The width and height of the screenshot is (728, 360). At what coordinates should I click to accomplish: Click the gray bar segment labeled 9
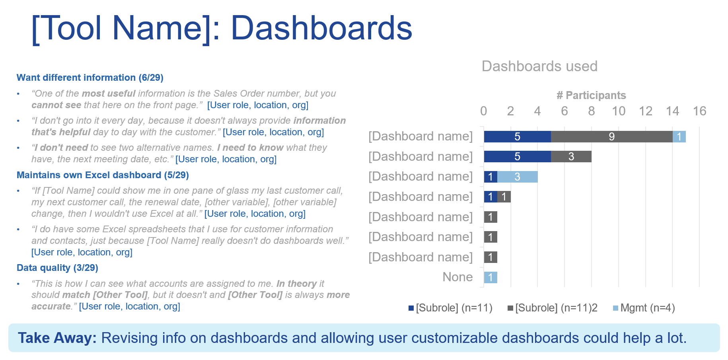point(612,136)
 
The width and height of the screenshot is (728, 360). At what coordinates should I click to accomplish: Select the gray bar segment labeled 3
point(571,156)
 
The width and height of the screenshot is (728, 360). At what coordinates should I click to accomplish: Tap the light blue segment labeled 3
point(518,177)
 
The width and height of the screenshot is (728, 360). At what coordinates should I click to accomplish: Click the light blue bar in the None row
point(491,277)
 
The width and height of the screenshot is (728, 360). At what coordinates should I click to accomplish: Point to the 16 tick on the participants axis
point(699,111)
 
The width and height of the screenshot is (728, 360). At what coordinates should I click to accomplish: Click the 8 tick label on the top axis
point(592,111)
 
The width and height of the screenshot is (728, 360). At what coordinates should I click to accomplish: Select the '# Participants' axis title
point(591,95)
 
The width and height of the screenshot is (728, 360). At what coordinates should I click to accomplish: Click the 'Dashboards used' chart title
point(539,66)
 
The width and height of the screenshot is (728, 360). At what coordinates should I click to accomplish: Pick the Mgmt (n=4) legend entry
point(644,308)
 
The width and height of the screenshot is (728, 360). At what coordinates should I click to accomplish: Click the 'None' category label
point(457,277)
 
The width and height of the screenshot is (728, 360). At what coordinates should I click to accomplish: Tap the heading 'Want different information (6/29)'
point(90,78)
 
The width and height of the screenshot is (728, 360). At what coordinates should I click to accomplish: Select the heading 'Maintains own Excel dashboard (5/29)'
point(103,175)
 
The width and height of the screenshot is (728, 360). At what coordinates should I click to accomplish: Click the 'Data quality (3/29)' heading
point(57,268)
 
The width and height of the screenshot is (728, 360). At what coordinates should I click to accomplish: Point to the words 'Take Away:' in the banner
point(57,338)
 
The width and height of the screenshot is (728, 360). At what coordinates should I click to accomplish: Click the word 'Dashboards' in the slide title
point(321,28)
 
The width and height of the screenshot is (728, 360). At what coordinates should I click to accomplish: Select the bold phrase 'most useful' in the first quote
point(109,93)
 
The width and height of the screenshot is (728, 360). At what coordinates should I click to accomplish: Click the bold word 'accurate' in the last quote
point(51,306)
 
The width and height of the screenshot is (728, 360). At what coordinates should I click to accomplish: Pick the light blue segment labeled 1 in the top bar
point(679,136)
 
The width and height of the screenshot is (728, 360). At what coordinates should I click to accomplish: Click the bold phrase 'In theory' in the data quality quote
point(297,284)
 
